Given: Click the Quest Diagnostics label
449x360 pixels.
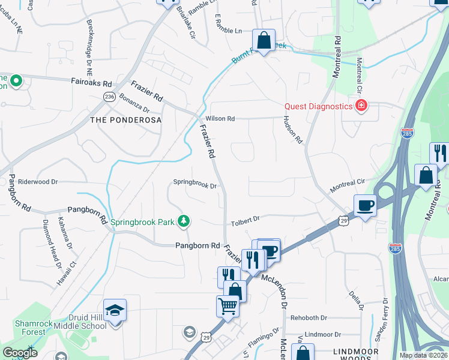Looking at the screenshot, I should pyautogui.click(x=318, y=106).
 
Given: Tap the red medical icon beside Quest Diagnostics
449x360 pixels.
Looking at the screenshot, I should pyautogui.click(x=361, y=107).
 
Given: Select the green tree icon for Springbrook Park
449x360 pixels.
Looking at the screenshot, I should pyautogui.click(x=184, y=222).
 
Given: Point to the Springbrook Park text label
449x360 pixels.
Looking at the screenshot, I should pyautogui.click(x=142, y=222).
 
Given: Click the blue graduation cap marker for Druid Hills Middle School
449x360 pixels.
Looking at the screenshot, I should pyautogui.click(x=115, y=311).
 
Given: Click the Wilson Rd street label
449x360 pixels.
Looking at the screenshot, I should pyautogui.click(x=220, y=119).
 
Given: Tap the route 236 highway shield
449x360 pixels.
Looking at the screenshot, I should pyautogui.click(x=109, y=96).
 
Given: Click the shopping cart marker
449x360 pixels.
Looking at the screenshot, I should pyautogui.click(x=228, y=307).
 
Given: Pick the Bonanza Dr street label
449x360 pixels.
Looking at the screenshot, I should pyautogui.click(x=134, y=103).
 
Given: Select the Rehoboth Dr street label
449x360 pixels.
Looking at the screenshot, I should pyautogui.click(x=309, y=317).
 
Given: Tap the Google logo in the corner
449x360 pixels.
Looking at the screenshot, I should pyautogui.click(x=20, y=353).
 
